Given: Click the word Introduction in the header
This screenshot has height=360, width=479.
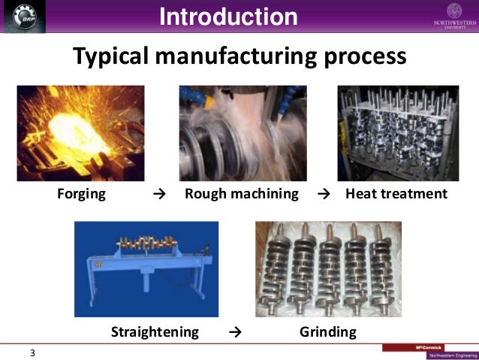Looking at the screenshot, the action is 228,17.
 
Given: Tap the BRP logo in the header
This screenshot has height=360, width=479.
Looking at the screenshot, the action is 23,17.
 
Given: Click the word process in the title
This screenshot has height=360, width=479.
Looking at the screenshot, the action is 369,56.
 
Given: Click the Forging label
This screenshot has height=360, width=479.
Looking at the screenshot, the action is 81,194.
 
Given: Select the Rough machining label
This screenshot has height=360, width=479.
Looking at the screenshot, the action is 241,194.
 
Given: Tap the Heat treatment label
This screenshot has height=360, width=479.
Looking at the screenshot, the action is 396,194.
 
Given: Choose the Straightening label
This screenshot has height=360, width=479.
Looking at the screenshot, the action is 155,331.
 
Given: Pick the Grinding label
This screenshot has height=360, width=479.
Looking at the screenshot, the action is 327,331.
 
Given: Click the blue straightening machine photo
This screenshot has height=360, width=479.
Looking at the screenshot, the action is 146,268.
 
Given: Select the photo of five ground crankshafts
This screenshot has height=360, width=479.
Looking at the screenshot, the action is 328,268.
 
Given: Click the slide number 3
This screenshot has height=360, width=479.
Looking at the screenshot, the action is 32,352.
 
